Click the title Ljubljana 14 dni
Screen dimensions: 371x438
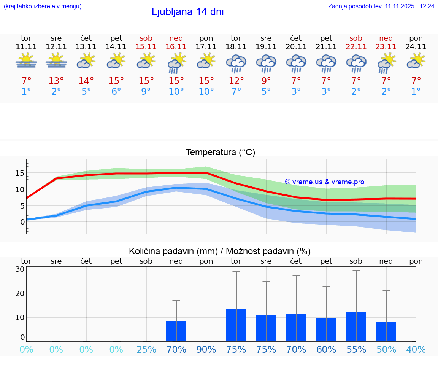[187, 12]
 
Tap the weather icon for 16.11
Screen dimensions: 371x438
[176, 63]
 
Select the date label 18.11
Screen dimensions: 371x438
[236, 47]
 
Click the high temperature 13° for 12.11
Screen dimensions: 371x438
[56, 81]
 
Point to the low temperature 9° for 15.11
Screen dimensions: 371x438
[146, 92]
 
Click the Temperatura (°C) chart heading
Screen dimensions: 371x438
[220, 153]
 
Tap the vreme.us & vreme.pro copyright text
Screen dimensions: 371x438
[324, 182]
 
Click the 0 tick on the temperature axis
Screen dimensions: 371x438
[22, 222]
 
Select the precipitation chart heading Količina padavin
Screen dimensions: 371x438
[220, 251]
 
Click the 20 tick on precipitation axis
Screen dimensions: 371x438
[20, 293]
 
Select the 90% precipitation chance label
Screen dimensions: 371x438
[206, 350]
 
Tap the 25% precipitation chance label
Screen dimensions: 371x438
[146, 350]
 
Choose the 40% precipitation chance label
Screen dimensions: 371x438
[416, 350]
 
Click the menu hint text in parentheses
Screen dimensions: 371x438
[43, 6]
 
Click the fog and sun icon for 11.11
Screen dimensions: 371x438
[26, 61]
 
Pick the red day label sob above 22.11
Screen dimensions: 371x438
[356, 38]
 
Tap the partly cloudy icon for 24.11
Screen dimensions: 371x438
[416, 61]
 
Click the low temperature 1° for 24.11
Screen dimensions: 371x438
[416, 92]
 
